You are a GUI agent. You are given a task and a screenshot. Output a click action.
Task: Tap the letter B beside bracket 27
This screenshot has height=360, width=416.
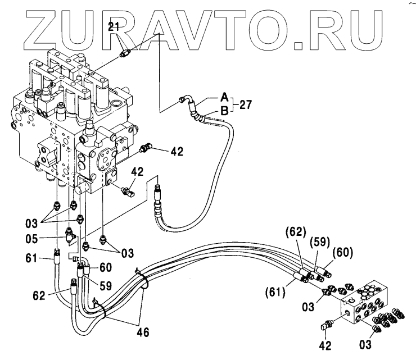(x=224, y=110)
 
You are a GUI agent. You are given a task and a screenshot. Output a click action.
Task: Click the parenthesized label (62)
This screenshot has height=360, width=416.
(x=296, y=230)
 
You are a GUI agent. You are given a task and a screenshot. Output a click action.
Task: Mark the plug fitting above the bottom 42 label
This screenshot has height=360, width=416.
(x=327, y=325)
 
